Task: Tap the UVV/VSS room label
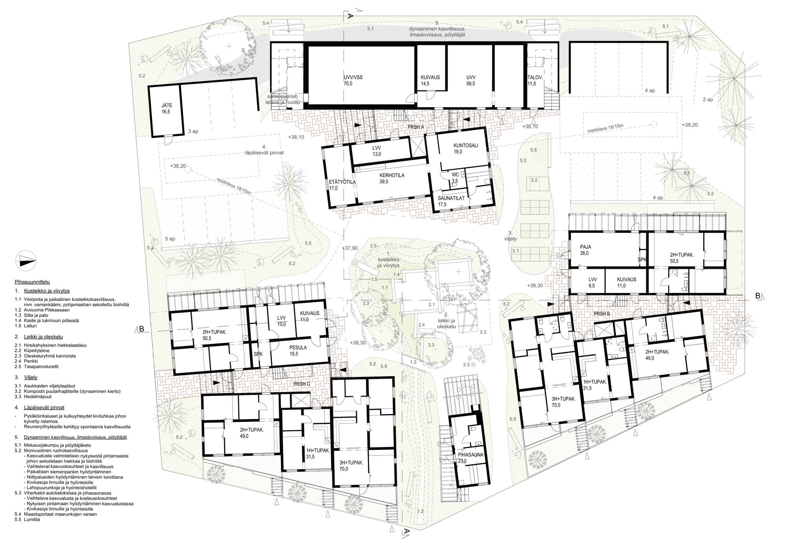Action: click(353, 77)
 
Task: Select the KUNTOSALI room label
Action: click(466, 145)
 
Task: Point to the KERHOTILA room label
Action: click(392, 175)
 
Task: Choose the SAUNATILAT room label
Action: click(451, 198)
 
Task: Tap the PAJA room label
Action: click(586, 247)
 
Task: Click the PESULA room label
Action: click(298, 348)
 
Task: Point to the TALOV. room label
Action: click(535, 77)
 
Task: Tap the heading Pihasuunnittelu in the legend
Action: click(32, 282)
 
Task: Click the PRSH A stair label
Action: click(416, 127)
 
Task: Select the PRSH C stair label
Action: click(302, 384)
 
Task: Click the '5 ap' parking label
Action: click(170, 239)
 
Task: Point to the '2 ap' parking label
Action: click(708, 100)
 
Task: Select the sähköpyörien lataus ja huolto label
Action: click(283, 99)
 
